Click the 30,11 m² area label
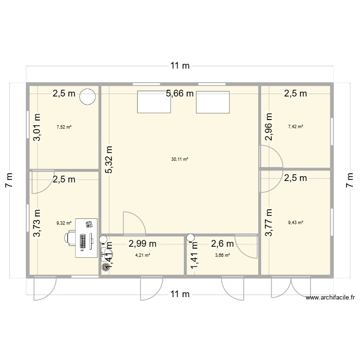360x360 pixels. pos(180,159)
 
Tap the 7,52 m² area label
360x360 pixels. pos(64,127)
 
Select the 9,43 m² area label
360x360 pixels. pos(296,222)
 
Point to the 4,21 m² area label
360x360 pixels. pos(143,255)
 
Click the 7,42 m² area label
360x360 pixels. pos(296,127)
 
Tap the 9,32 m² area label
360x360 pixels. pos(64,223)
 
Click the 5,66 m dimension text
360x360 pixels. pos(180,94)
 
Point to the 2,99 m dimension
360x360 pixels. pos(143,244)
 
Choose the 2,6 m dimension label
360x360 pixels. pos(222,244)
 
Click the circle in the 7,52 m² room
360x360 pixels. pos(87,97)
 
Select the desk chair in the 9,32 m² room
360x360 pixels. pos(72,238)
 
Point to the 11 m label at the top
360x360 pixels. pos(180,66)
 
